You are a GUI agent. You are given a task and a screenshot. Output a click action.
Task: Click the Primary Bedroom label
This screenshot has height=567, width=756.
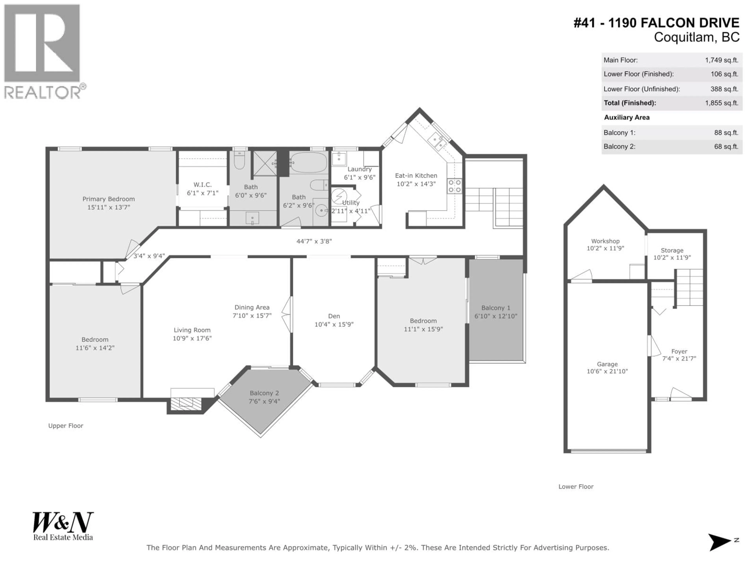[x=109, y=199]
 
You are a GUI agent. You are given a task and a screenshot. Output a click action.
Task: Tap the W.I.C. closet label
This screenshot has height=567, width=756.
[x=202, y=184]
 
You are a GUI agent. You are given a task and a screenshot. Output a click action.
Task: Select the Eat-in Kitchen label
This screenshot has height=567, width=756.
[x=416, y=176]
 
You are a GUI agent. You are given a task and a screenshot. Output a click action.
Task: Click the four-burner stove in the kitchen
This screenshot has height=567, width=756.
[x=455, y=186]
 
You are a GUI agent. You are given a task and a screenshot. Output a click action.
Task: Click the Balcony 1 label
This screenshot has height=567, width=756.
[x=496, y=308]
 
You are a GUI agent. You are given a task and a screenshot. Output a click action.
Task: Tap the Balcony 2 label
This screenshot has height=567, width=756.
[x=264, y=393]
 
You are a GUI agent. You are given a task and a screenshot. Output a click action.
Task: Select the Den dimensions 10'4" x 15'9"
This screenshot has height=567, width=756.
[x=334, y=324]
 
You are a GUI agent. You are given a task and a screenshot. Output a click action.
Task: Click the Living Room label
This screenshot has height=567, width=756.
[x=192, y=330]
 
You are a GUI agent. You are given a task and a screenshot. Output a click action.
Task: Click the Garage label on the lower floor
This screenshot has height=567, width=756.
[x=607, y=364]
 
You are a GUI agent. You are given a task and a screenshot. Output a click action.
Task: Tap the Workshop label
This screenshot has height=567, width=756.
[x=605, y=241]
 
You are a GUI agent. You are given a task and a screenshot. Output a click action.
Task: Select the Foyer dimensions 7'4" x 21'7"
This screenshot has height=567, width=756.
[x=679, y=359]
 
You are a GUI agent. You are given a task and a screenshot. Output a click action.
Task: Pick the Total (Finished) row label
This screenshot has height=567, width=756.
[x=630, y=103]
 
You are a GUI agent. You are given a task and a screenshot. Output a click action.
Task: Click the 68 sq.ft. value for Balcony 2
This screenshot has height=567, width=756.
[x=726, y=147]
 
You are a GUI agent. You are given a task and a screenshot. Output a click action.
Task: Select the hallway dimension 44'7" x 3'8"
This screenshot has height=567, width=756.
[x=314, y=241]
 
